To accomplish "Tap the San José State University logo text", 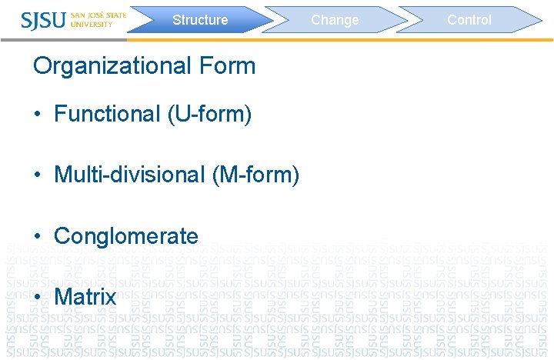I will (98, 19).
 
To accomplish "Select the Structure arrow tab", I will (200, 20).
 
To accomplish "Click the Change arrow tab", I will (335, 20).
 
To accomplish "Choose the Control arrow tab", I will (469, 20).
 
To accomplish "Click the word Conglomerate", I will (126, 235).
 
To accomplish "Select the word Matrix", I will (85, 297).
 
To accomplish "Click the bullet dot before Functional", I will (37, 115).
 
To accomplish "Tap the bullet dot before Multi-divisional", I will (37, 175).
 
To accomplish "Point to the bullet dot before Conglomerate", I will (37, 236).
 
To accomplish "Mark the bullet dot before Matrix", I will (37, 298).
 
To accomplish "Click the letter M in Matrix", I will (63, 297).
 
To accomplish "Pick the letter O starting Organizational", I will (43, 66).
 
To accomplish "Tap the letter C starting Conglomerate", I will (62, 235).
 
